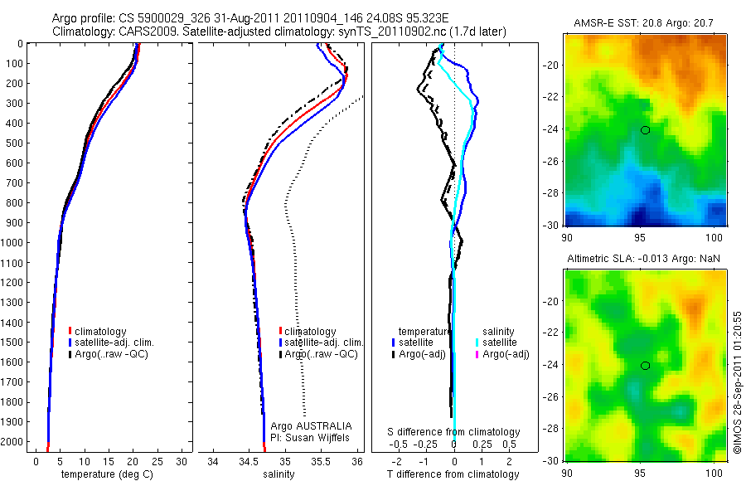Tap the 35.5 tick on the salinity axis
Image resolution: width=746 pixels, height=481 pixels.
coord(321,461)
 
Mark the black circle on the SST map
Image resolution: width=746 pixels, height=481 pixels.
coord(645,130)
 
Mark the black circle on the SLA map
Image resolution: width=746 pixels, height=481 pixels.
coord(645,366)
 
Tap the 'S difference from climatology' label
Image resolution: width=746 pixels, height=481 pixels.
coord(454,432)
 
